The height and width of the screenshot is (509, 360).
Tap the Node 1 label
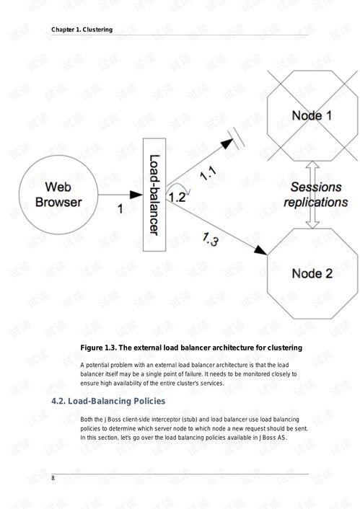tap(312, 115)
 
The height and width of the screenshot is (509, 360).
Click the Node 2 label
tap(312, 273)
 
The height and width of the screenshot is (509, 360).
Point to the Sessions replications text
tap(316, 195)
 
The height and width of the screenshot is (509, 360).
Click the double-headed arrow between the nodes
tap(312, 195)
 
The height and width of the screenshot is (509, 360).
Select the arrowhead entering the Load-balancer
tap(136, 195)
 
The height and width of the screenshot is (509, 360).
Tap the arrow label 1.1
tap(208, 173)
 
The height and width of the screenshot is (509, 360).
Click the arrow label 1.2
tap(177, 198)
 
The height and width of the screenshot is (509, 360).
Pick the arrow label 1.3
tap(210, 239)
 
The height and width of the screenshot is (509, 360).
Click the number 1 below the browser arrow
tap(120, 209)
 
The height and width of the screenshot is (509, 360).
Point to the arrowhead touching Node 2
tap(261, 250)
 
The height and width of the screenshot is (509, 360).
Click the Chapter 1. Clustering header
tap(82, 30)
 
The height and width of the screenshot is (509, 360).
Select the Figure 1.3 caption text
tap(191, 348)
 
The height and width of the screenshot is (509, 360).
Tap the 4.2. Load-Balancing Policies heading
tap(108, 402)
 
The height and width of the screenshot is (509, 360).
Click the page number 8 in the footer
tap(53, 478)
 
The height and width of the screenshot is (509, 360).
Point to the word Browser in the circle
tap(58, 203)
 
